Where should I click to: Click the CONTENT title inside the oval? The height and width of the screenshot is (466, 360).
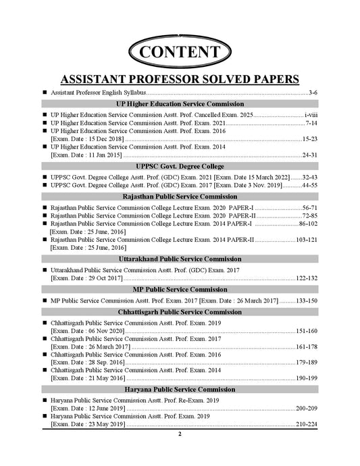pos(180,52)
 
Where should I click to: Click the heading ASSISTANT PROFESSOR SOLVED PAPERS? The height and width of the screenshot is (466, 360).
pos(180,78)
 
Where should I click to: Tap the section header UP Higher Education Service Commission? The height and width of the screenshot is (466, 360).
pos(180,104)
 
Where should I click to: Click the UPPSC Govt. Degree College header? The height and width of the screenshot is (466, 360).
pos(180,166)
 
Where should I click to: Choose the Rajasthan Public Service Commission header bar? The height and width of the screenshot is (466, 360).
pos(180,196)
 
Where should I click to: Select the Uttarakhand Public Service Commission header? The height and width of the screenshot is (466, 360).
pos(180,259)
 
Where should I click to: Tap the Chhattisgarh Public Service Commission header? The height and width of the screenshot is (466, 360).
pos(180,312)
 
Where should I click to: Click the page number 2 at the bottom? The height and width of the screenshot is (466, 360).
pos(180,434)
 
